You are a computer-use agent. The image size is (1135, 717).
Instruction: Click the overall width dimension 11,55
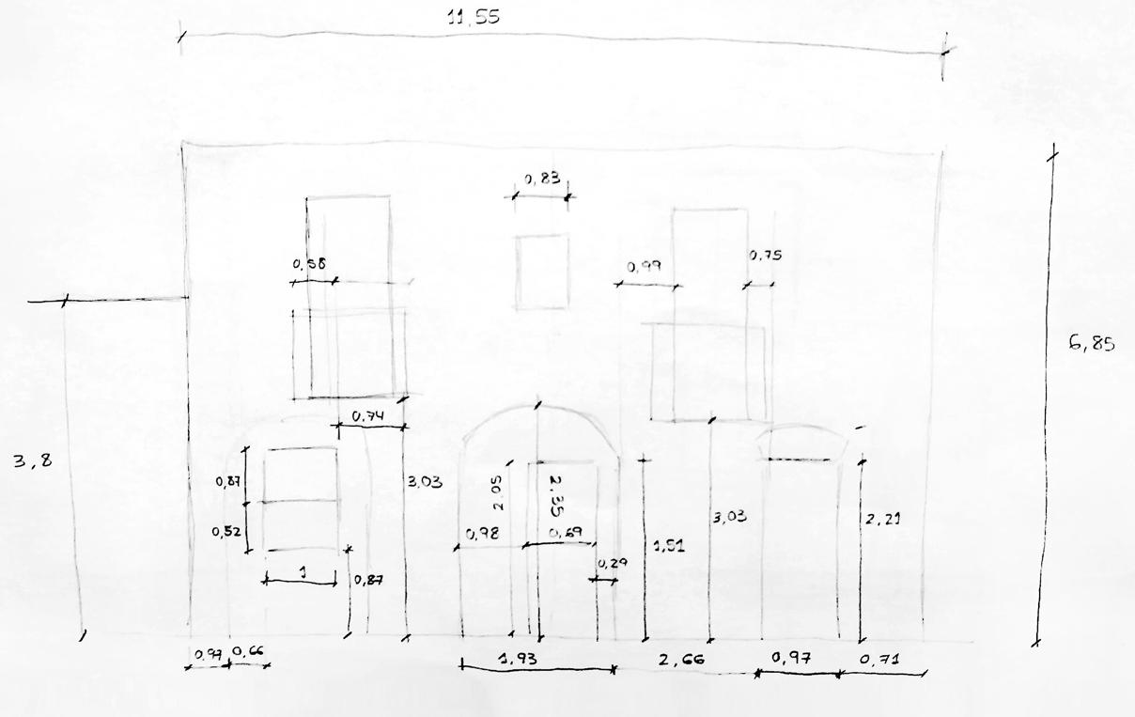click(474, 18)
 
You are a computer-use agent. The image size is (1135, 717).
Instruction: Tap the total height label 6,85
click(1091, 344)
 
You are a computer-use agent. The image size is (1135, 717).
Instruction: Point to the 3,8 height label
click(30, 461)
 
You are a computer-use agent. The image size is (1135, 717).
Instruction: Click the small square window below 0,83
click(542, 272)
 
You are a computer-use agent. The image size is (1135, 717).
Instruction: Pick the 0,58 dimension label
click(311, 265)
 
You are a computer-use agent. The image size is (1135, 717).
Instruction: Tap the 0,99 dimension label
click(645, 267)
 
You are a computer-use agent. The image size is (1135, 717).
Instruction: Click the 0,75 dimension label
click(766, 256)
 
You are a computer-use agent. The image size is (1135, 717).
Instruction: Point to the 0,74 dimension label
click(369, 415)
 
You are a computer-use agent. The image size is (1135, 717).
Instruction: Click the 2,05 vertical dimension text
click(498, 491)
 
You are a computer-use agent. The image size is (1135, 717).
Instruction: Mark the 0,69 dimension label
click(567, 534)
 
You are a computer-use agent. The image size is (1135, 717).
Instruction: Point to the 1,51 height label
click(668, 545)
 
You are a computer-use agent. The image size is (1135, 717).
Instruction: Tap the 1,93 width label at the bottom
click(518, 659)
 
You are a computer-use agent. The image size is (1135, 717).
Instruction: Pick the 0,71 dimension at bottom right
click(880, 660)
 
